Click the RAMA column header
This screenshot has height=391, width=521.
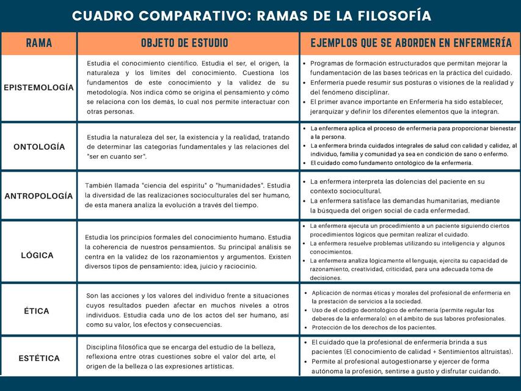click(x=38, y=43)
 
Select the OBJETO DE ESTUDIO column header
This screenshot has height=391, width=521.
click(x=184, y=43)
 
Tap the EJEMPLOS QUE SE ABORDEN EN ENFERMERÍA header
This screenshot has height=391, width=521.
click(x=410, y=43)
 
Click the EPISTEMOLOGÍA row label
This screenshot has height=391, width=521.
click(x=38, y=87)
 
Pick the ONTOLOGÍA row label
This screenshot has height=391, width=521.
click(x=39, y=147)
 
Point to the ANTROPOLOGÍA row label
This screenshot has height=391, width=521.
click(x=38, y=196)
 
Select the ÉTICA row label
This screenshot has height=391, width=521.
click(x=37, y=311)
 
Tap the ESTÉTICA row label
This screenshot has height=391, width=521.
click(x=39, y=358)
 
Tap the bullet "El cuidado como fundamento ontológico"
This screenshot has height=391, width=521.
click(x=391, y=163)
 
